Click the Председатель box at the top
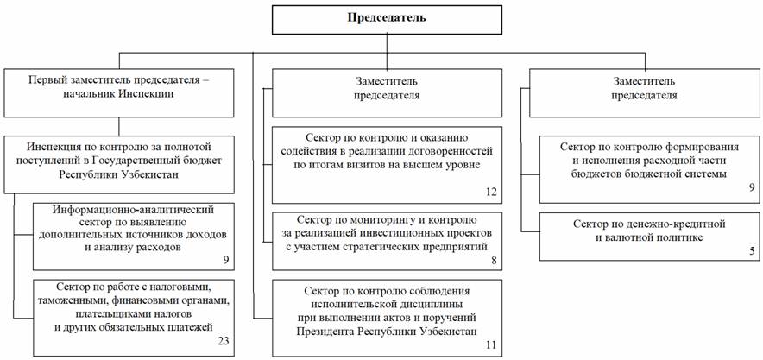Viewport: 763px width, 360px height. tap(387, 20)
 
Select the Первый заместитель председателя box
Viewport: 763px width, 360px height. tap(119, 92)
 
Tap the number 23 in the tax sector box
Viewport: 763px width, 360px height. tap(224, 340)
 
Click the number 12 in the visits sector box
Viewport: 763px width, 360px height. tap(491, 192)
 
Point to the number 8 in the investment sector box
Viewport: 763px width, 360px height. tap(494, 260)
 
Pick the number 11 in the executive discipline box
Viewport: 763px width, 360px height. tap(491, 345)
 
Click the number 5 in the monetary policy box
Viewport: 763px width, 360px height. tap(751, 251)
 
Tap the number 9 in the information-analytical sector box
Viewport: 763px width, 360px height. tap(226, 260)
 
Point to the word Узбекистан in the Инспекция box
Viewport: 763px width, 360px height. tap(150, 175)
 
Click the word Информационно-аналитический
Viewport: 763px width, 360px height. tap(133, 210)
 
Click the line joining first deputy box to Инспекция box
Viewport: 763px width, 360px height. tap(119, 127)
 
